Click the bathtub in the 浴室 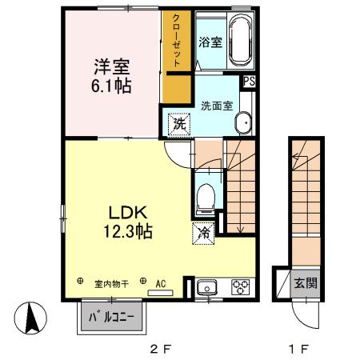coord(241,40)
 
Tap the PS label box coord(250,81)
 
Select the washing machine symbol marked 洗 coord(179,124)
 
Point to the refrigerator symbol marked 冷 coord(203,233)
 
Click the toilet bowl coord(206,198)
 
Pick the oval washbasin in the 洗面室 coord(243,123)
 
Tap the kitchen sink coord(207,288)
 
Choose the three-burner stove coord(241,287)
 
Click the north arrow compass coord(30,318)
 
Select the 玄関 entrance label coord(306,283)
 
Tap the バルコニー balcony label coord(111,318)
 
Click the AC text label coord(161,284)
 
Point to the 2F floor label coord(160,349)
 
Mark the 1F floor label coord(299,349)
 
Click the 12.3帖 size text coord(128,231)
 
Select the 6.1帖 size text coord(111,86)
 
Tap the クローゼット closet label coord(177,41)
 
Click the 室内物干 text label coord(111,284)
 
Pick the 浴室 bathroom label coord(210,42)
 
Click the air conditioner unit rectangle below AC coord(161,293)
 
